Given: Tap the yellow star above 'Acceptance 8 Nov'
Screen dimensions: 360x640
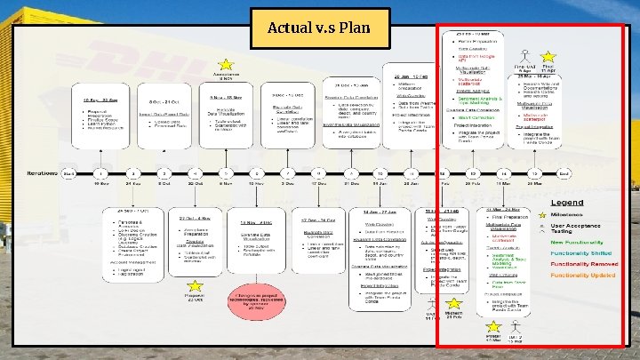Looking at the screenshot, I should [x=227, y=65].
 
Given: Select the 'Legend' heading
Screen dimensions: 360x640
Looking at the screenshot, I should [x=566, y=203].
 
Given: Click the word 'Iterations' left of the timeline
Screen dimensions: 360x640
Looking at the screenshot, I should [x=42, y=172].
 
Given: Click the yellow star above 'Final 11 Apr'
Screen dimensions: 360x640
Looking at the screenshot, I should [x=549, y=57].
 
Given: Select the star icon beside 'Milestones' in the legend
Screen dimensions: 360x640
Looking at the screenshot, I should [x=539, y=215].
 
